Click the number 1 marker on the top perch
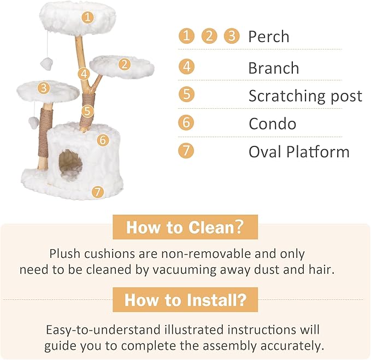(87, 17)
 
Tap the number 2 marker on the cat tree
(125, 64)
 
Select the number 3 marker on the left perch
(44, 87)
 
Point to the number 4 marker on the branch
(84, 73)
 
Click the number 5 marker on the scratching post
(87, 111)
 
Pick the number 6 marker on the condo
(102, 140)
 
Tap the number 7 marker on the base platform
(97, 192)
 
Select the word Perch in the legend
(268, 37)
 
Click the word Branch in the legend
(273, 68)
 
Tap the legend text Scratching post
(305, 96)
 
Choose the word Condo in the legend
(272, 123)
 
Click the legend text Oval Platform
(298, 151)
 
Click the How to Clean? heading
(185, 227)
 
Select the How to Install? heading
(185, 299)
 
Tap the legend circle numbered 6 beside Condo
(186, 122)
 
